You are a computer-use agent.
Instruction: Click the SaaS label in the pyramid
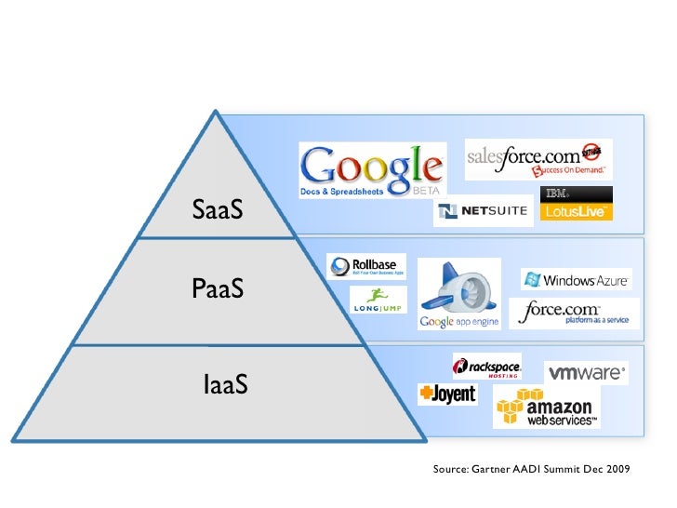pos(218,210)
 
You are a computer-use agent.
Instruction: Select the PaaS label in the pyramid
pos(218,289)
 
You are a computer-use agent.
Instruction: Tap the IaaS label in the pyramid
pos(225,382)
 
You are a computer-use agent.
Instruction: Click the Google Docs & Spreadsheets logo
pos(370,170)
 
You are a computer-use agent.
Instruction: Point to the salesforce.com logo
pos(538,159)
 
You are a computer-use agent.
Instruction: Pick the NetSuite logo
pos(484,212)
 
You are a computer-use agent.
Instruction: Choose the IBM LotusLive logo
pos(577,204)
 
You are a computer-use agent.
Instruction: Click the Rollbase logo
pos(366,266)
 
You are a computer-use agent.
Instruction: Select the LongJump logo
pos(378,300)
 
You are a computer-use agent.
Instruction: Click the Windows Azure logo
pos(577,280)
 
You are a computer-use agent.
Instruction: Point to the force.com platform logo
pos(574,313)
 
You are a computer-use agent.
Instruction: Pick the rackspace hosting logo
pos(486,367)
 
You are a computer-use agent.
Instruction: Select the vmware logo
pos(586,373)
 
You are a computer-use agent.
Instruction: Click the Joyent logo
pos(447,394)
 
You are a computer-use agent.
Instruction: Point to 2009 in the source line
pos(613,469)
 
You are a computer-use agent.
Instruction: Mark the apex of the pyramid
pos(216,114)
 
